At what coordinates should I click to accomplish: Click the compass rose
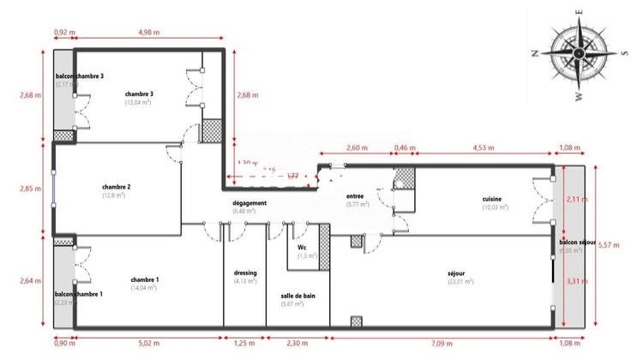(577, 53)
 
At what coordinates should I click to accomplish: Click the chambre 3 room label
(139, 93)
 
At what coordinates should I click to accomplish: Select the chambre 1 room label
(144, 279)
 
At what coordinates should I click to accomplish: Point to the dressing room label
(245, 273)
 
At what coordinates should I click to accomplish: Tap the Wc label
(303, 247)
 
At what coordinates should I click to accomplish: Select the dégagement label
(249, 203)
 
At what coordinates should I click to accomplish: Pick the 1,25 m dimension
(244, 343)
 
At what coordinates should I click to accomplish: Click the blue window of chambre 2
(53, 189)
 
